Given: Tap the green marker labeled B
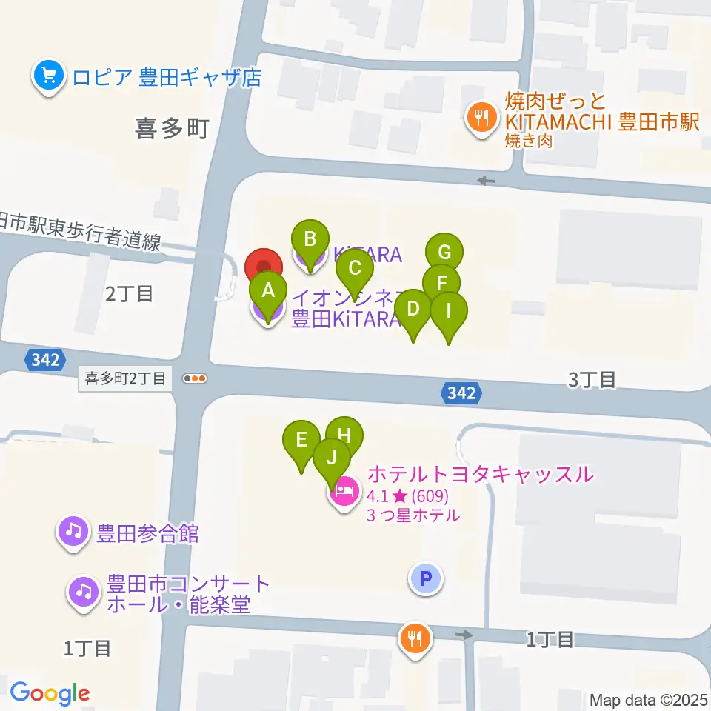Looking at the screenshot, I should click(x=311, y=239).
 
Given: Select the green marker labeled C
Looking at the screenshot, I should click(x=355, y=268).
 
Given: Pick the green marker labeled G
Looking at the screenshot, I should click(x=444, y=252).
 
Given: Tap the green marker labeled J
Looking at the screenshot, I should click(x=332, y=458).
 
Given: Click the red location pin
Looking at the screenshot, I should click(x=264, y=265).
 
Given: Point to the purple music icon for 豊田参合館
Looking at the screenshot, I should click(x=73, y=532).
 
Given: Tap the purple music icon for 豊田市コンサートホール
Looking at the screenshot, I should click(x=83, y=591).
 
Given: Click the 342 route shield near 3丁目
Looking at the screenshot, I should click(x=461, y=393).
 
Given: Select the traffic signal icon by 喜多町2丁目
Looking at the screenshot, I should click(x=195, y=378).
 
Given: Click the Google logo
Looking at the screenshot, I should click(x=50, y=693).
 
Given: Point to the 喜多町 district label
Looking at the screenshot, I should click(x=171, y=129).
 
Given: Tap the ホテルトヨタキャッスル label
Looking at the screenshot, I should click(x=481, y=473).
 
